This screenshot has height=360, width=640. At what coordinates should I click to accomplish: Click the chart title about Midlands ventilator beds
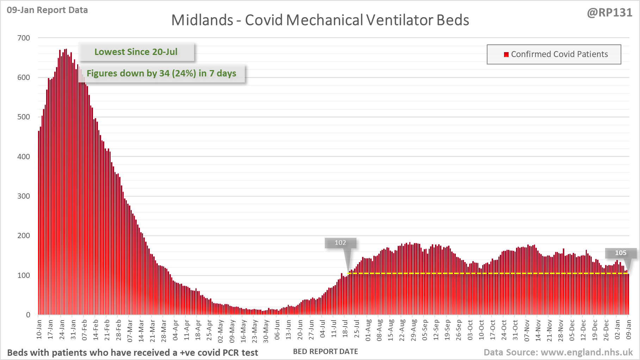[x=320, y=20]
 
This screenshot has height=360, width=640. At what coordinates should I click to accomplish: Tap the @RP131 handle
[x=609, y=13]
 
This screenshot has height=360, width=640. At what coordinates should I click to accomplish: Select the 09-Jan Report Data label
[x=47, y=10]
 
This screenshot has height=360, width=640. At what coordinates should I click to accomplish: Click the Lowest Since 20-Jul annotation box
[x=136, y=52]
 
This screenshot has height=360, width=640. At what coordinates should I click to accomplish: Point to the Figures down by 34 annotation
[x=161, y=73]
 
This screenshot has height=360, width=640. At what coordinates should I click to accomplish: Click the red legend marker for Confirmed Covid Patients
[x=506, y=54]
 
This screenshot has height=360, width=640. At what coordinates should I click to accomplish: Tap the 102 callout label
[x=340, y=243]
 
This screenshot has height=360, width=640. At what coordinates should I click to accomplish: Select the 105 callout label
[x=621, y=253]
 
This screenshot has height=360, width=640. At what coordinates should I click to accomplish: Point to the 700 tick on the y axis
[x=24, y=38]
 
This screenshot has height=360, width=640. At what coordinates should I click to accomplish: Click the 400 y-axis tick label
[x=24, y=156]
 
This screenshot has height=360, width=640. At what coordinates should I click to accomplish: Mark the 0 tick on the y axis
[x=28, y=315]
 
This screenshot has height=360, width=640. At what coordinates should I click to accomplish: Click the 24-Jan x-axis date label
[x=62, y=329]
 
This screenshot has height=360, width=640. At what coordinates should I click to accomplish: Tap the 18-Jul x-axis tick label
[x=345, y=329]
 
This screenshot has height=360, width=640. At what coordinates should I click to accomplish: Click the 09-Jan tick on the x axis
[x=629, y=329]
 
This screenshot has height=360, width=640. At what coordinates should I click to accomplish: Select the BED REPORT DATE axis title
[x=325, y=352]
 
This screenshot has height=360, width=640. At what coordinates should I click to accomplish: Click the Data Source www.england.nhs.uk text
[x=558, y=352]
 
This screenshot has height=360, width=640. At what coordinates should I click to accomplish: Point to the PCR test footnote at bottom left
[x=132, y=353]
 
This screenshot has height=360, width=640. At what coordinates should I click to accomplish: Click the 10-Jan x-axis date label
[x=39, y=329]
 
